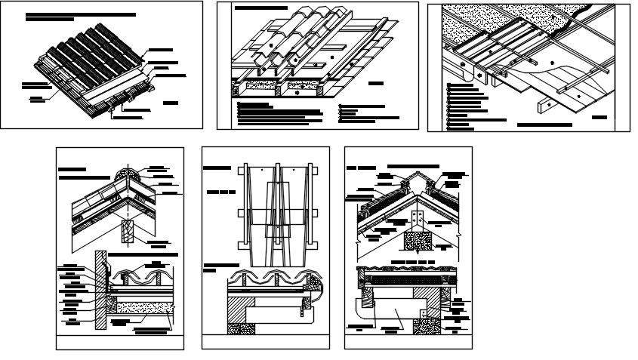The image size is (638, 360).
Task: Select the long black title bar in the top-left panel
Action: (x=80, y=14)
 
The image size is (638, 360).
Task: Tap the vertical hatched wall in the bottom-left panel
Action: (x=97, y=291)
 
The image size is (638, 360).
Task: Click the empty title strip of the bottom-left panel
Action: (x=120, y=343)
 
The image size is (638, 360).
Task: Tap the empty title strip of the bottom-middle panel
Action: (x=265, y=342)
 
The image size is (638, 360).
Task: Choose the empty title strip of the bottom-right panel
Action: (x=408, y=342)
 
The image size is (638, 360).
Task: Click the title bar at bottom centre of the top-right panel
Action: (x=544, y=123)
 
